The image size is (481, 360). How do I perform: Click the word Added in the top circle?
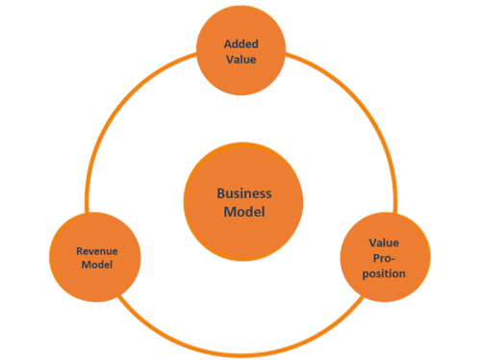[x=241, y=43]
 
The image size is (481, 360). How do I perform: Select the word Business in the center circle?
[x=243, y=193]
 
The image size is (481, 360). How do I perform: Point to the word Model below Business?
[x=243, y=212]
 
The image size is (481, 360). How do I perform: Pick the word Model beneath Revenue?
[x=96, y=265]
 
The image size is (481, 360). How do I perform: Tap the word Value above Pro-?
[x=385, y=244]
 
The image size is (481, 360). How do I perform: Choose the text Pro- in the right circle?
[x=385, y=259]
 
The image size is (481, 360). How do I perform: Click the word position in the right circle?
[x=385, y=273]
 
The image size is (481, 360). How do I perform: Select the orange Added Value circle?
[x=241, y=29]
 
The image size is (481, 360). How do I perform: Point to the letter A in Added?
[x=227, y=43]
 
